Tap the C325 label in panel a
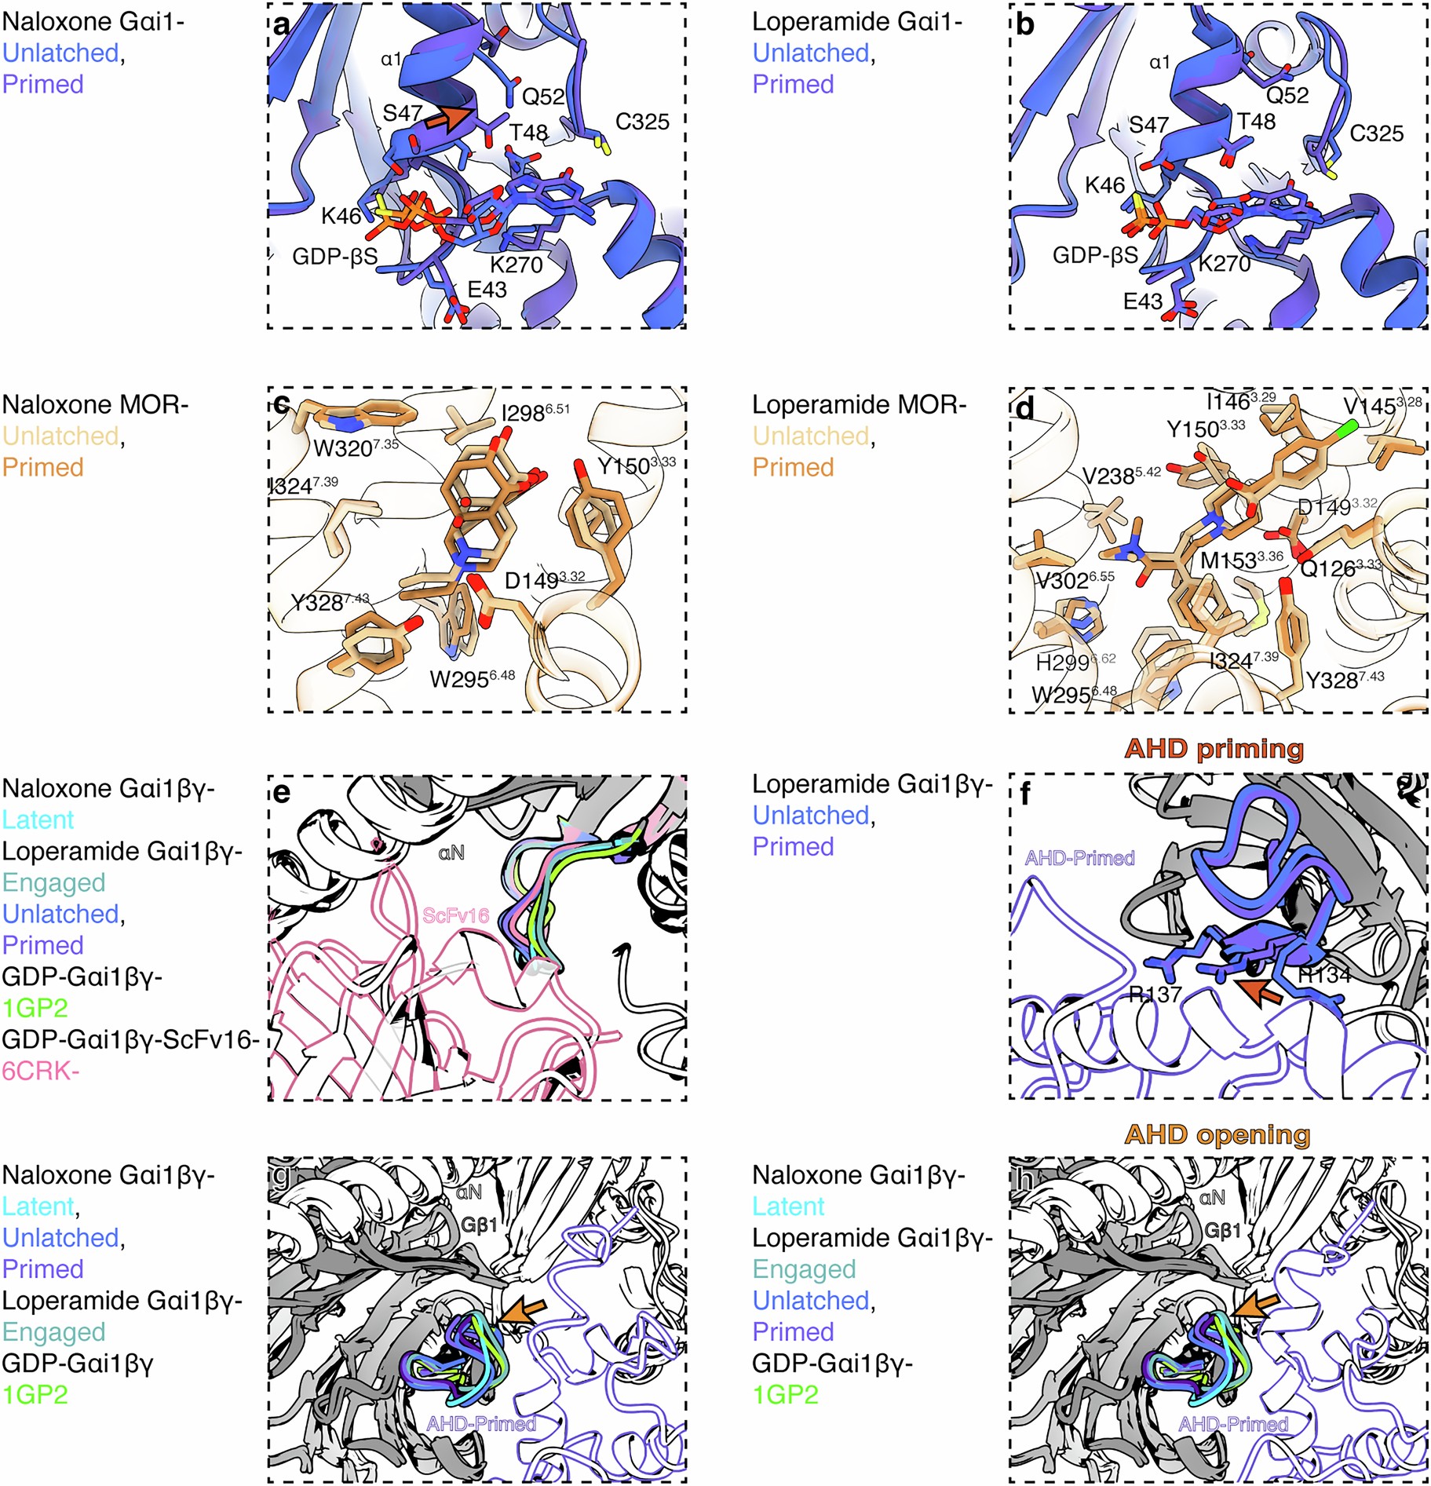[x=641, y=122]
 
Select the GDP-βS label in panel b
[x=1094, y=255]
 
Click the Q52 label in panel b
[x=1287, y=96]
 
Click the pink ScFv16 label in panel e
[x=455, y=915]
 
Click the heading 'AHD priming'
[x=1214, y=748]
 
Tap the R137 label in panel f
[x=1155, y=995]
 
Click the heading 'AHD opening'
[x=1217, y=1134]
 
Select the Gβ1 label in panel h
[x=1222, y=1230]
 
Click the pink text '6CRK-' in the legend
[x=40, y=1071]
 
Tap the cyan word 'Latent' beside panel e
[x=38, y=820]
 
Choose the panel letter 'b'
[x=1024, y=25]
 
